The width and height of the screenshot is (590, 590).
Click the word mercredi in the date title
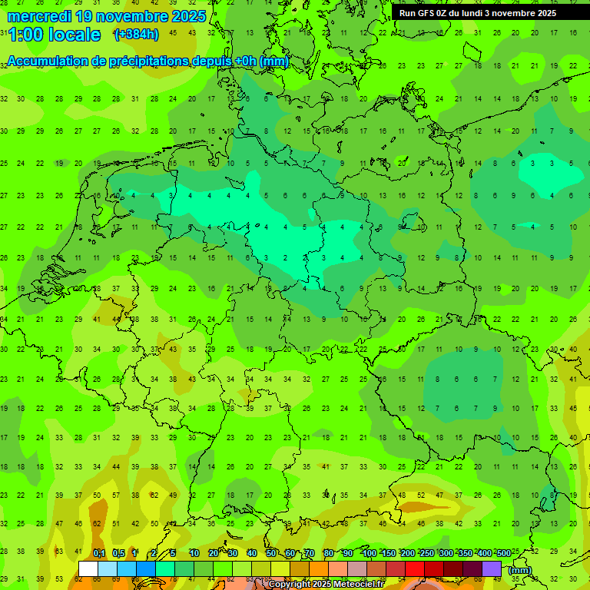click(x=39, y=16)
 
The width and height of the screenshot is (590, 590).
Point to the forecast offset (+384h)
click(x=136, y=35)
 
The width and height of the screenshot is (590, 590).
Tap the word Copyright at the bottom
click(x=290, y=585)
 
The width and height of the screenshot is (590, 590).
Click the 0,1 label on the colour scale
click(x=99, y=553)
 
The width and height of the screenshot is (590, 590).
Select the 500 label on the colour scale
click(x=503, y=553)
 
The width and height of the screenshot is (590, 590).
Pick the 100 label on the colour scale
click(x=369, y=553)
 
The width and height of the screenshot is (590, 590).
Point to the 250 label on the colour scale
click(x=426, y=553)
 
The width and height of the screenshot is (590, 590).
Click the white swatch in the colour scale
click(x=88, y=568)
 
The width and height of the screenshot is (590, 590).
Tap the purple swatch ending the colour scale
click(x=492, y=568)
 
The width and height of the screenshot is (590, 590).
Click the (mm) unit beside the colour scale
click(x=520, y=570)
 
